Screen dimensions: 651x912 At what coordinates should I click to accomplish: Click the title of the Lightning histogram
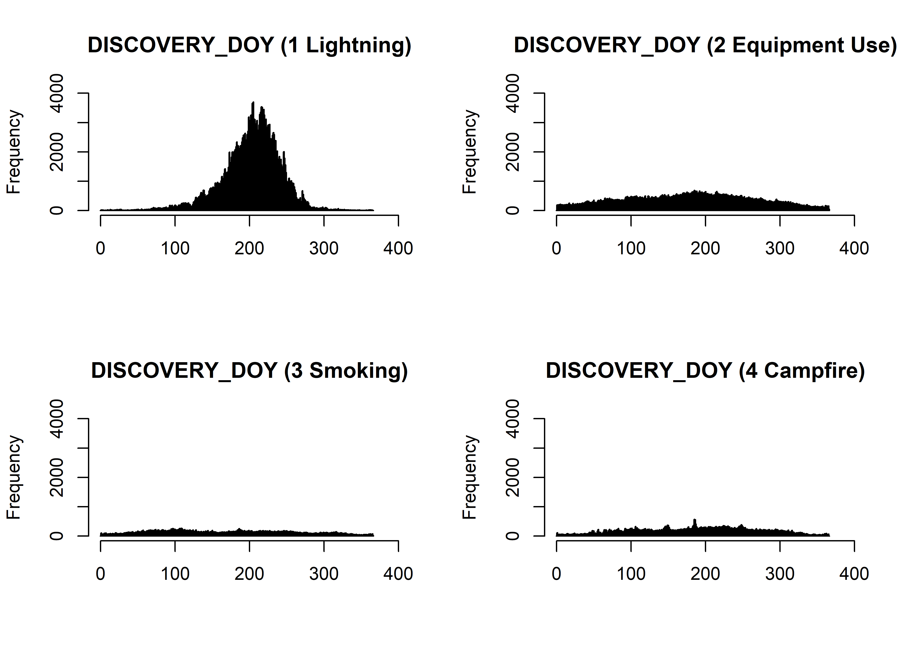point(249,45)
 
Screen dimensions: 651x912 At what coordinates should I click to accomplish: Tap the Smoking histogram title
point(249,370)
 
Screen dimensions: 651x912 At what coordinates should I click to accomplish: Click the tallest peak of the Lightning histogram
point(253,104)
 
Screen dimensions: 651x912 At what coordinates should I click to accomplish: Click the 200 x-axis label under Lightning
point(249,248)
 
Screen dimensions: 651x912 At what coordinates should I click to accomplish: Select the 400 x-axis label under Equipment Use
point(854,248)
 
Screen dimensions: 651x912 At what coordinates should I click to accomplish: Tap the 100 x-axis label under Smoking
point(175,574)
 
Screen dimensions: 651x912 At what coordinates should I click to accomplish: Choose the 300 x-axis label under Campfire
point(780,574)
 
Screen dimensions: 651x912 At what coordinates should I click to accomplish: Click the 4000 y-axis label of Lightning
point(56,93)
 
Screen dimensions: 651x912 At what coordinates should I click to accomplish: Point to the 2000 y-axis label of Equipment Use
point(512,152)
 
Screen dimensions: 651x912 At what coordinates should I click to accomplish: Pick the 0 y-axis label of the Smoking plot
point(56,536)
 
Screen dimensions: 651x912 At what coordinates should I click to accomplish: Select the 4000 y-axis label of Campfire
point(512,419)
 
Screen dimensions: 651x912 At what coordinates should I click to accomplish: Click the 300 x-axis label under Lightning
point(324,248)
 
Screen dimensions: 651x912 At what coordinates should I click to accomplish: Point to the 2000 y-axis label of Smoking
point(56,477)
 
